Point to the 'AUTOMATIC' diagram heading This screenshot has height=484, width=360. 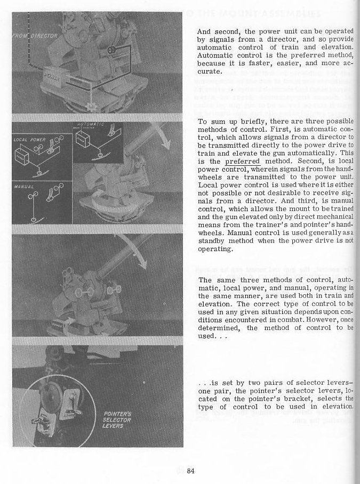89,124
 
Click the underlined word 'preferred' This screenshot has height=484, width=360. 242,161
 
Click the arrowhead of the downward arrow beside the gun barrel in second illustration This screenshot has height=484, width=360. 167,144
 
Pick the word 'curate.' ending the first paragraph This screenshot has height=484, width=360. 209,71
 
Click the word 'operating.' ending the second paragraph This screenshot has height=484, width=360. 214,249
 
